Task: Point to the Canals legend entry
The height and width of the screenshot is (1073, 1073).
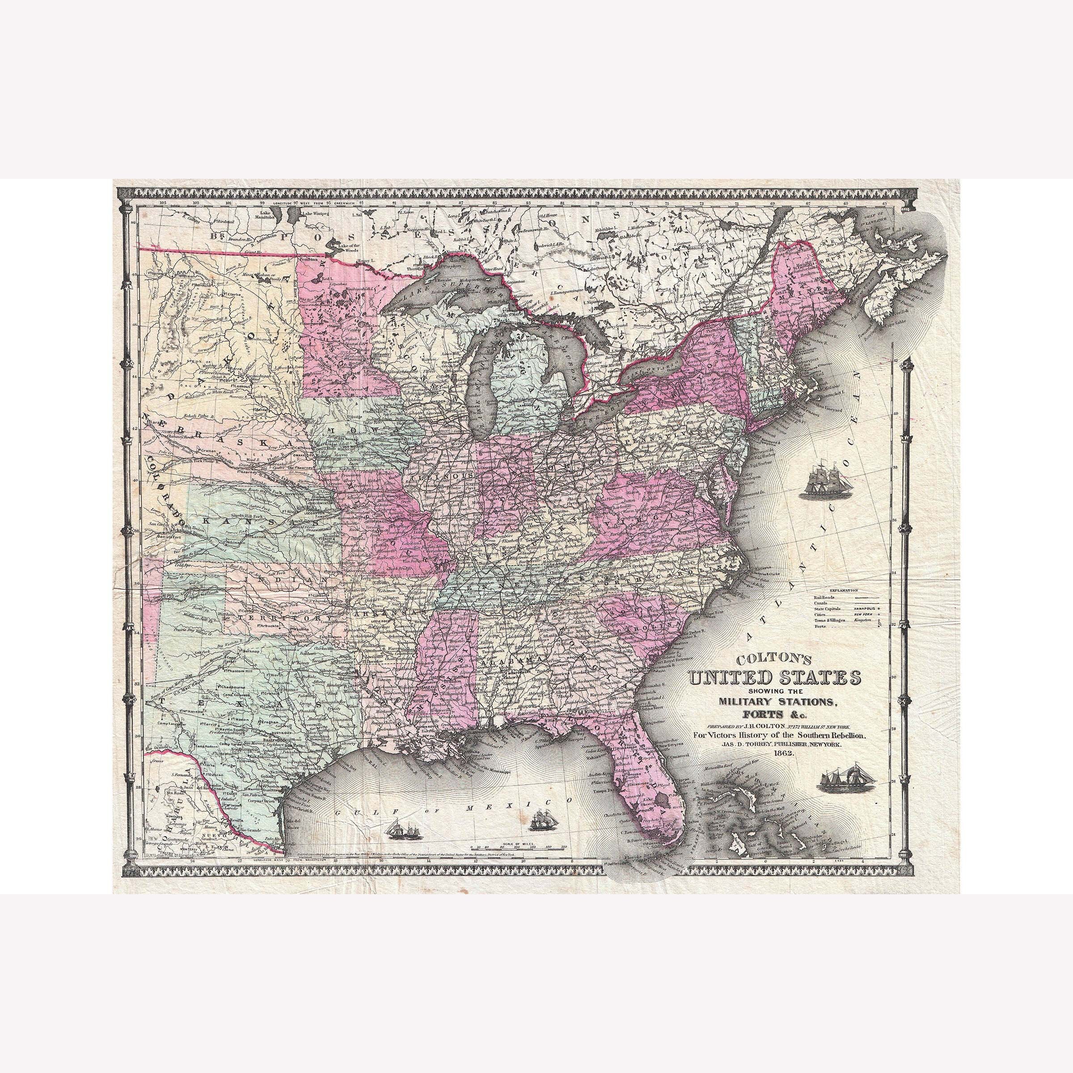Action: (x=820, y=603)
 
